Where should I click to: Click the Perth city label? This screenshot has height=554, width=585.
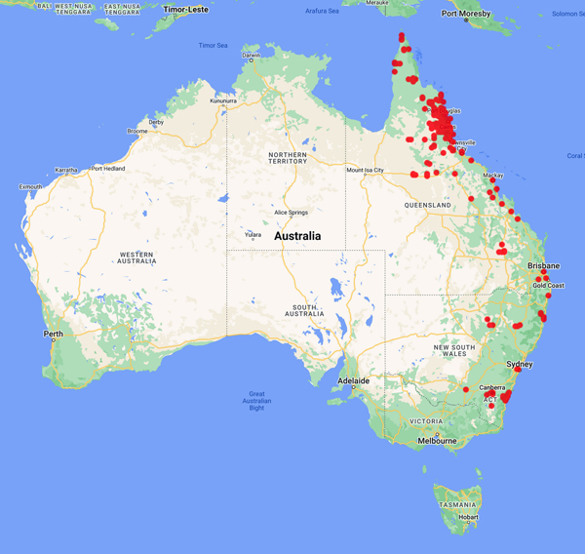click(54, 335)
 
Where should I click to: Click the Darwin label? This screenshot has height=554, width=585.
click(252, 56)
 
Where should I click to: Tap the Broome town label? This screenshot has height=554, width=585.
click(136, 131)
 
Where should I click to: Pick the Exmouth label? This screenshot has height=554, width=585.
click(30, 186)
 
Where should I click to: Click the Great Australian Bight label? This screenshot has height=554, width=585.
click(256, 401)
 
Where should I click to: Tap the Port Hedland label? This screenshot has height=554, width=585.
click(109, 168)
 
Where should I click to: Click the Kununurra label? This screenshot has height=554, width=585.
click(223, 99)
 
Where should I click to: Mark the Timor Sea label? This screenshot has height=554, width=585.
click(213, 45)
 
